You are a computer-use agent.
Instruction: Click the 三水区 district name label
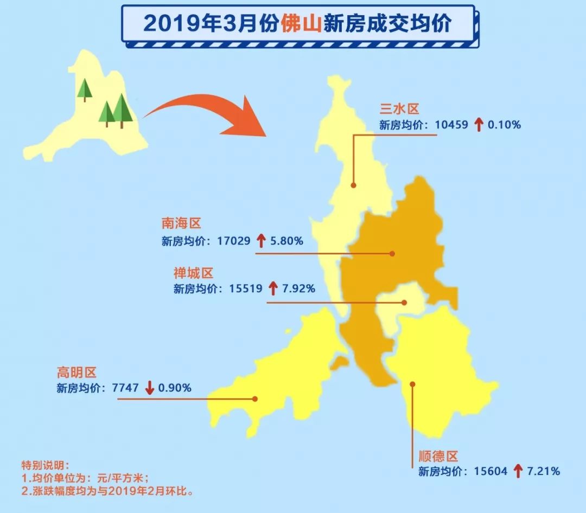399,108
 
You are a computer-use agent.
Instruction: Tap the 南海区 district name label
181,223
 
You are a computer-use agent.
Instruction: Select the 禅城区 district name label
194,273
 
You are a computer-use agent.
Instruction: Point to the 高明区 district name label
77,372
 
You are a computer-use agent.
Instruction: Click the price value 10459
451,125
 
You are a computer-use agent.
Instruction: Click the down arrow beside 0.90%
150,388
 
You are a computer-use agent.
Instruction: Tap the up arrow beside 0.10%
478,125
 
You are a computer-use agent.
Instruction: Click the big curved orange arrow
212,112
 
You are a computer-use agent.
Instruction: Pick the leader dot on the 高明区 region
254,399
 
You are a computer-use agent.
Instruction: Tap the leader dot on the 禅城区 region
404,303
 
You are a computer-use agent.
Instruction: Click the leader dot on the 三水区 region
353,185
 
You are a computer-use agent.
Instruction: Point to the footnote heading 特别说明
42,466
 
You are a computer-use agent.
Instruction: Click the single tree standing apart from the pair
85,89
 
